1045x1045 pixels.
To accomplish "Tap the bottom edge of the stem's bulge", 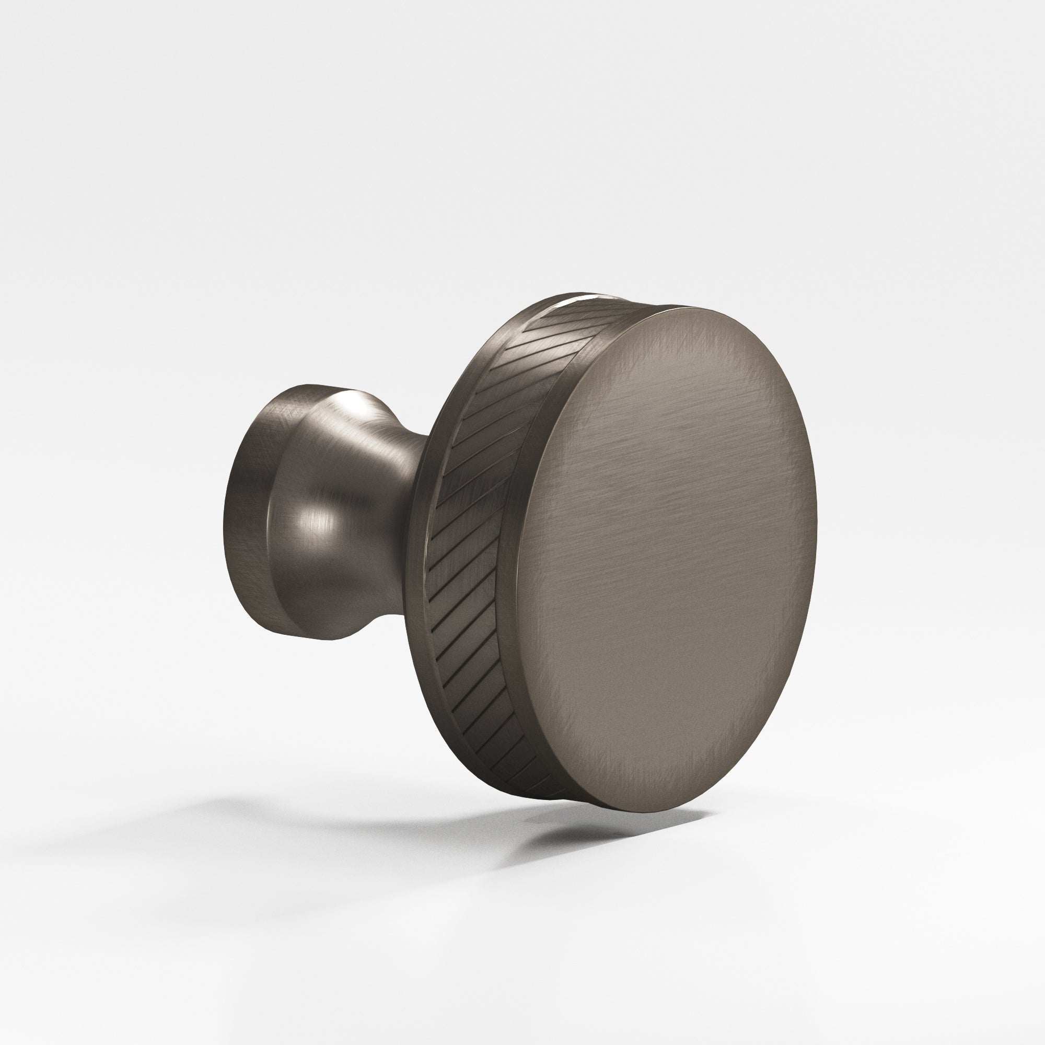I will click(x=324, y=638).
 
